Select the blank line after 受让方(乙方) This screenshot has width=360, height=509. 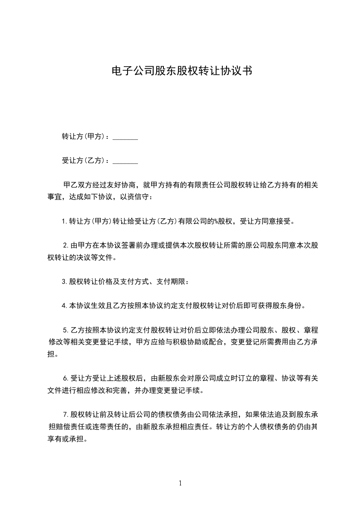tap(125, 161)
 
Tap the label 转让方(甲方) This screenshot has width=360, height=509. tap(84, 137)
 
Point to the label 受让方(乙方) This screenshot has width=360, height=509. tap(84, 160)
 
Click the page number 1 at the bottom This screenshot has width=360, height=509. tap(180, 483)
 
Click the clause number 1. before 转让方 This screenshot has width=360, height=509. tap(65, 222)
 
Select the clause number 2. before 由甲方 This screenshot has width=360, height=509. tap(66, 245)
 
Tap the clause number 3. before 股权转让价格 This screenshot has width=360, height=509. tap(65, 282)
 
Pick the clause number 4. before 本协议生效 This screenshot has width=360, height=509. tap(65, 305)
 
